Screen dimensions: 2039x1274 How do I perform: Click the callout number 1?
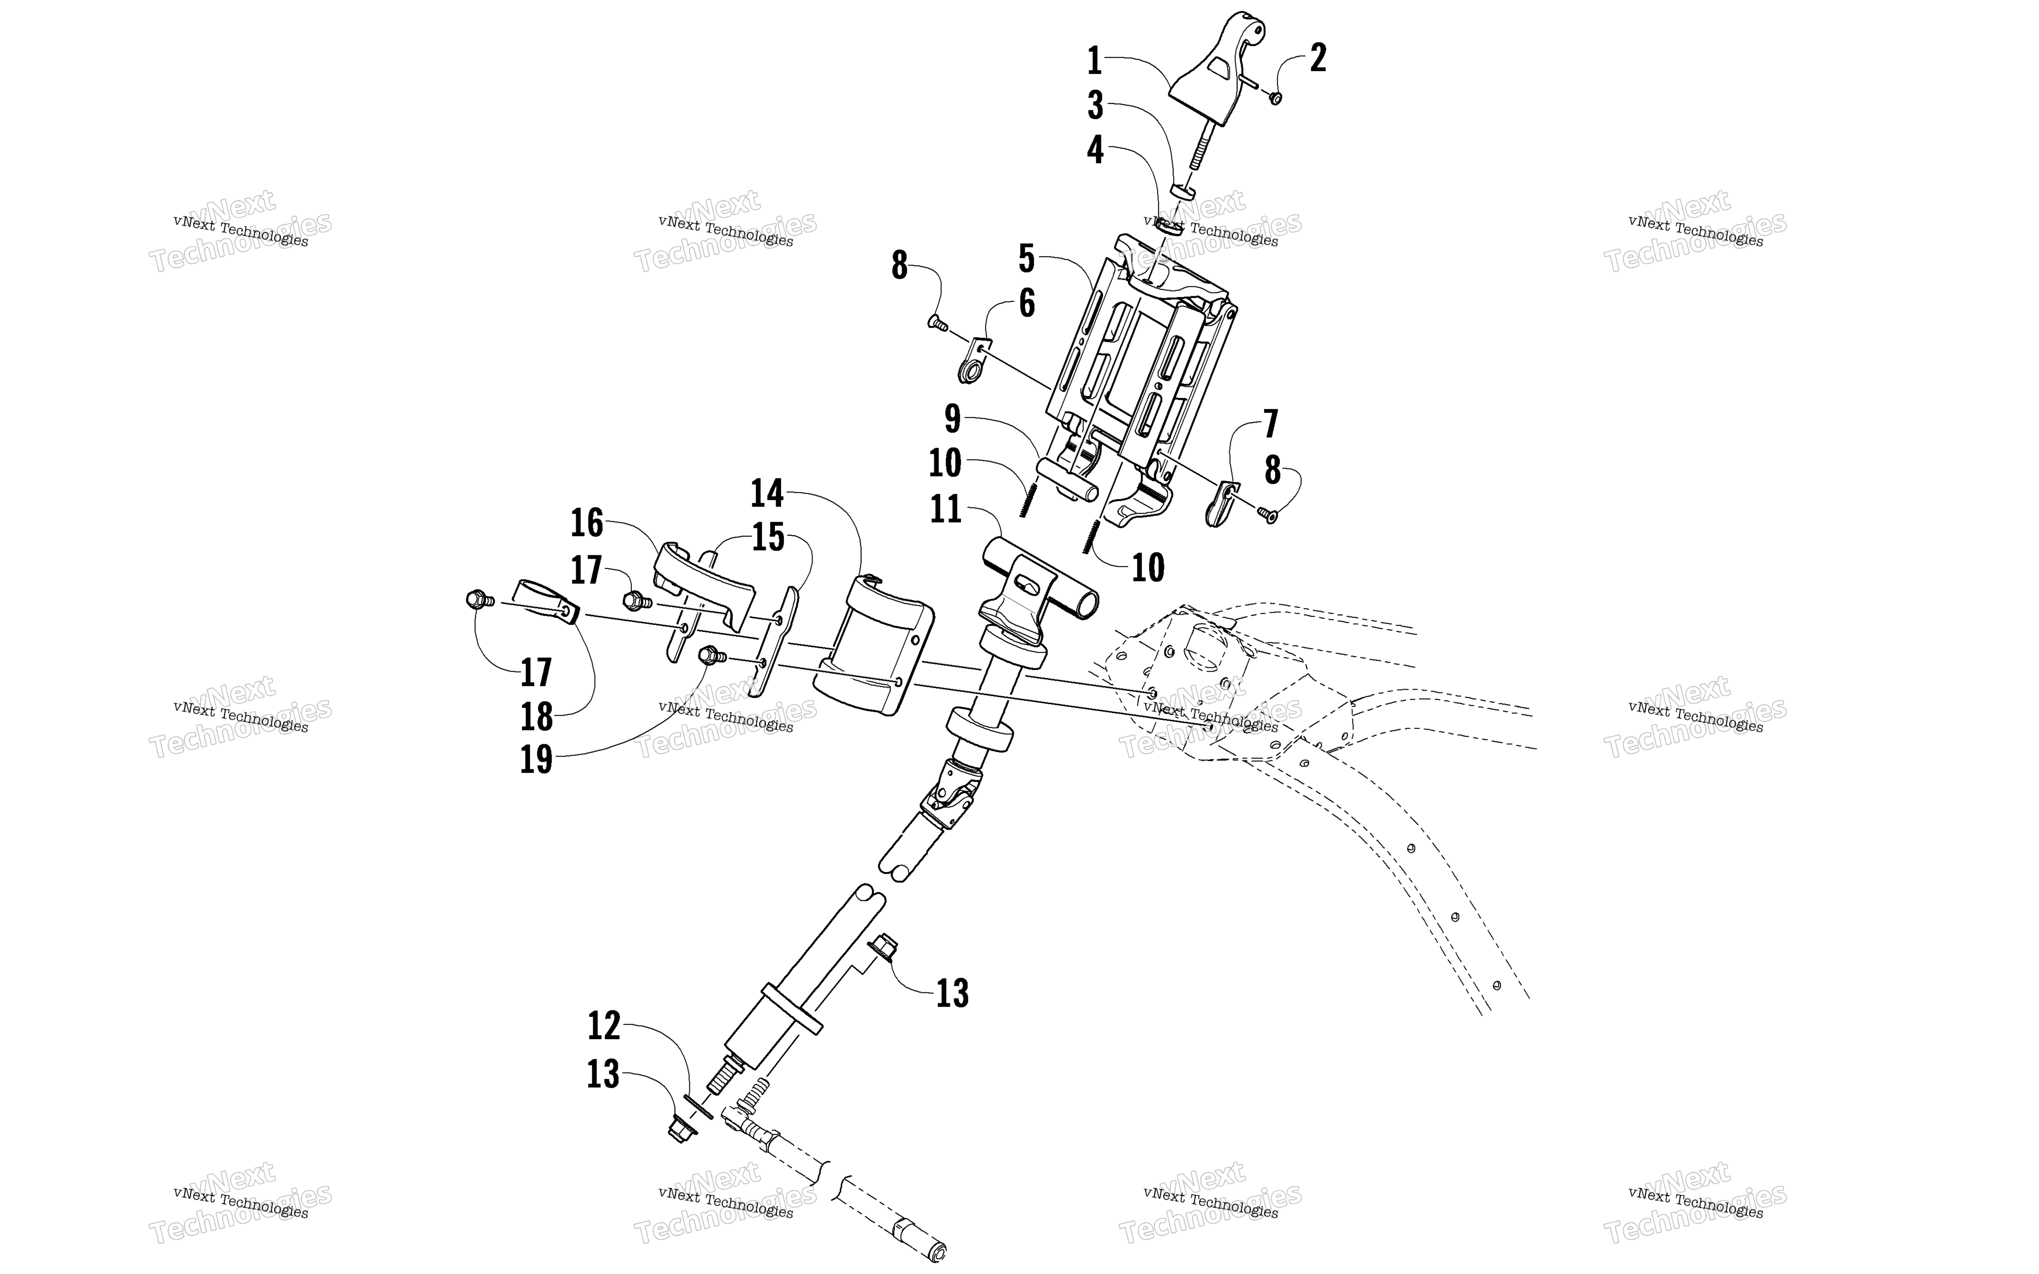[1094, 61]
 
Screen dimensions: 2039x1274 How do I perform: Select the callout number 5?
[1026, 258]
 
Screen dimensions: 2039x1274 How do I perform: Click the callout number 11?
[946, 509]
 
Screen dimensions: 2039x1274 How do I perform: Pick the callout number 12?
[604, 1025]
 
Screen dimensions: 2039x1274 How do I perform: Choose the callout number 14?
[767, 493]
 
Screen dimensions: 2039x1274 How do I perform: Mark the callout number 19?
[536, 759]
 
